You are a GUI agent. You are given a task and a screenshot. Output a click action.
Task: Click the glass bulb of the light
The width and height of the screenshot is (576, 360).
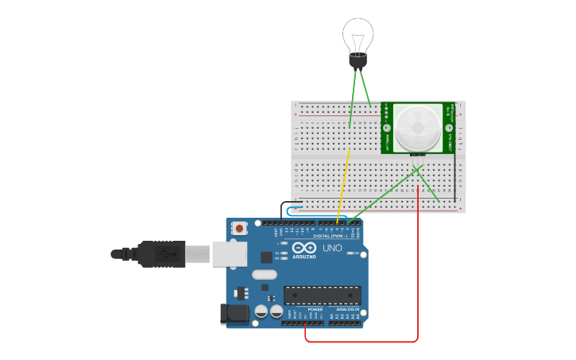pos(358,35)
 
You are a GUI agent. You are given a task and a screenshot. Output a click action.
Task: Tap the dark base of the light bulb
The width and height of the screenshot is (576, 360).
pos(358,61)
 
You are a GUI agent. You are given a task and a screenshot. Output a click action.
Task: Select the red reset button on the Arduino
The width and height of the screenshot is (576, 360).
pos(239,228)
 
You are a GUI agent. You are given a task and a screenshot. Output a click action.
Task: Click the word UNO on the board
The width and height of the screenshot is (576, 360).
pos(332,248)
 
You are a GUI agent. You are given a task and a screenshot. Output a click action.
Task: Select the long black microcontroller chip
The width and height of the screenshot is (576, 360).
pos(322,295)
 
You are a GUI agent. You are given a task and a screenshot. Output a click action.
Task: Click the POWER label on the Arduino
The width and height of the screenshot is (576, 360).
pos(304,309)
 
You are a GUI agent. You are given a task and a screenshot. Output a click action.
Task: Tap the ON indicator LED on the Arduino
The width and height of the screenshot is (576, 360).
pos(357,254)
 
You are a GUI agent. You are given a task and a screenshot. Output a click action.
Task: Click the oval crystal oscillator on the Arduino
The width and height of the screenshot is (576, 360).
pos(265,274)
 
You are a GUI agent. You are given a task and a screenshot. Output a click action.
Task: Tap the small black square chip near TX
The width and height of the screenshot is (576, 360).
pos(265,257)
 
